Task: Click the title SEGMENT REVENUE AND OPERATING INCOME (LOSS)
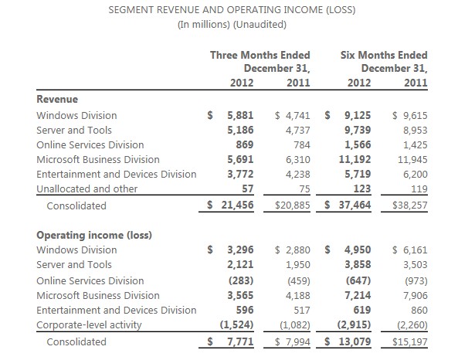click(x=232, y=10)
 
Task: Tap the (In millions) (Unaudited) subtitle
click(x=232, y=24)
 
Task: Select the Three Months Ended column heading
click(x=260, y=55)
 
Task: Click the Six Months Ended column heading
click(x=384, y=55)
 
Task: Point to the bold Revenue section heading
click(x=57, y=99)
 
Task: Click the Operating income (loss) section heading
click(x=94, y=235)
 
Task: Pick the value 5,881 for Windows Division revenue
click(x=240, y=115)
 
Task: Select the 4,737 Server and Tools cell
click(x=297, y=130)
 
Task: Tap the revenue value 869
click(x=245, y=144)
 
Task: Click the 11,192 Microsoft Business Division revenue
click(x=355, y=159)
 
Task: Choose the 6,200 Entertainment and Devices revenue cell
click(x=416, y=174)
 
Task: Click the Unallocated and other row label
click(x=87, y=188)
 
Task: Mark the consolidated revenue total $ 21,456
click(x=230, y=205)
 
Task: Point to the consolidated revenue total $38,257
click(x=410, y=205)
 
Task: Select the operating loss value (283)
click(x=241, y=280)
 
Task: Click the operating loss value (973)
click(x=416, y=280)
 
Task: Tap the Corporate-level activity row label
click(x=89, y=324)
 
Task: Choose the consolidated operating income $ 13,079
click(x=348, y=341)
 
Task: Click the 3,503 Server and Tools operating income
click(x=416, y=264)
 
